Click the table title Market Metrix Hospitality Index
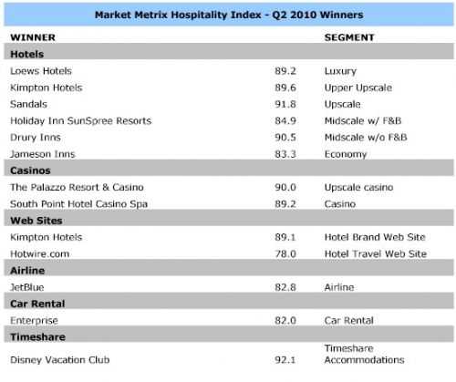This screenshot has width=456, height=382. [x=178, y=15]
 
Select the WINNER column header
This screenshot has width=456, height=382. [x=33, y=37]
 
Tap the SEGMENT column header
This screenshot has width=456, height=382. [x=349, y=37]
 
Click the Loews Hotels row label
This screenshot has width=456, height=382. [x=41, y=71]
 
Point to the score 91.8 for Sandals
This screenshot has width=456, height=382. [x=285, y=104]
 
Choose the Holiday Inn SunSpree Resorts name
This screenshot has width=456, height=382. [x=81, y=121]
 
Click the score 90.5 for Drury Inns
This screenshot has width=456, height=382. [x=285, y=138]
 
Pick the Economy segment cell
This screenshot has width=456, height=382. [x=346, y=154]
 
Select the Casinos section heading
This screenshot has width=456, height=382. [x=30, y=170]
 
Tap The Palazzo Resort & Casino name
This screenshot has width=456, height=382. [x=77, y=187]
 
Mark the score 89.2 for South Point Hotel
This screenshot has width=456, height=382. [x=285, y=204]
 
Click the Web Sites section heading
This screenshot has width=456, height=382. [x=36, y=221]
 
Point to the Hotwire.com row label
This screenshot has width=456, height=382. [x=40, y=253]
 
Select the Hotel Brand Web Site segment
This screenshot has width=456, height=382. [x=375, y=237]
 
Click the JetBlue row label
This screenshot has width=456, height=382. [x=27, y=287]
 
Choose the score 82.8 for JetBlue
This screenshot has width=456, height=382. [x=285, y=287]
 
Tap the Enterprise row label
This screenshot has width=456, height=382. [x=34, y=321]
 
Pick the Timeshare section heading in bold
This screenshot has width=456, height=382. [x=37, y=337]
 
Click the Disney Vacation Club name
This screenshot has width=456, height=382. [x=60, y=360]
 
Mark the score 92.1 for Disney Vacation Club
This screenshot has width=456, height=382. [x=285, y=360]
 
